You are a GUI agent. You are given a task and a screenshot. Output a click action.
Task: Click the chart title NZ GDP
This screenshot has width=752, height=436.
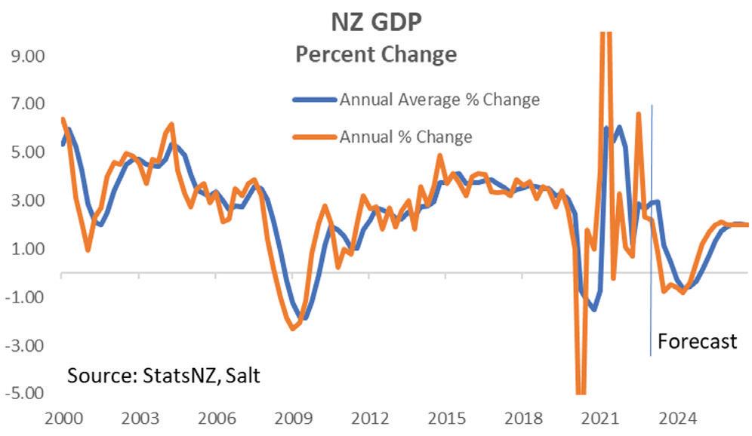click(376, 22)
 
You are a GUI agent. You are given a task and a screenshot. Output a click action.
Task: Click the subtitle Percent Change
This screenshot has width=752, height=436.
click(375, 54)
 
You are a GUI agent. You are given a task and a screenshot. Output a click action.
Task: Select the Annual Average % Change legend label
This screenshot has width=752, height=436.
click(439, 100)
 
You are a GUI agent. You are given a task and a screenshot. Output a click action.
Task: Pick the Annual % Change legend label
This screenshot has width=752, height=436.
click(405, 137)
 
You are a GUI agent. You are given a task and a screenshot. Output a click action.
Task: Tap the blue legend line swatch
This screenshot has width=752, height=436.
click(313, 100)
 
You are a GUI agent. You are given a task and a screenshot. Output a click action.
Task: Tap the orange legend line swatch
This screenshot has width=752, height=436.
click(313, 137)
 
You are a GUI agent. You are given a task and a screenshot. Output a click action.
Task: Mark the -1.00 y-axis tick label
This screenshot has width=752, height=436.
click(26, 297)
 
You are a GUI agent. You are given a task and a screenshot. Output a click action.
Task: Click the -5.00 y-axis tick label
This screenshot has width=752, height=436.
click(26, 394)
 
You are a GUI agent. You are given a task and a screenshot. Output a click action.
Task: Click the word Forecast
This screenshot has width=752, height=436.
click(697, 341)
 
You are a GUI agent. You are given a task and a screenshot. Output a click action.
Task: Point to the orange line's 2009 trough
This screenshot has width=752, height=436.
click(293, 328)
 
